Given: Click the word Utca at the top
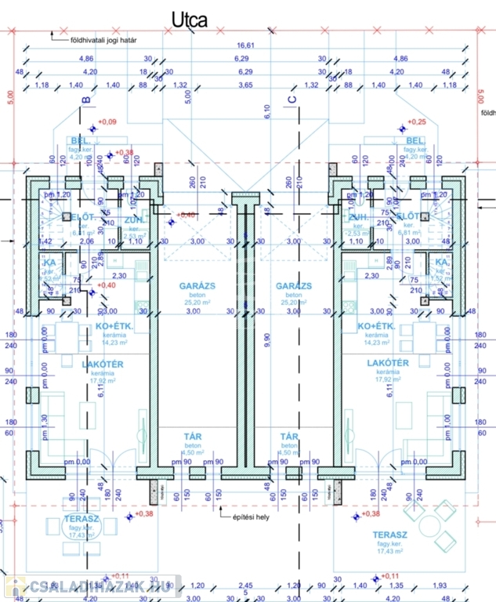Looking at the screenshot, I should tap(190, 20).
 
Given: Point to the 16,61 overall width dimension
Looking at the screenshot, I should tap(244, 45).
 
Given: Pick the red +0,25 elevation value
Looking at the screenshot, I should tap(418, 121).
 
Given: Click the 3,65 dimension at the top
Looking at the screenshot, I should tap(244, 85).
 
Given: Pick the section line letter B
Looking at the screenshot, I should tap(86, 100).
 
